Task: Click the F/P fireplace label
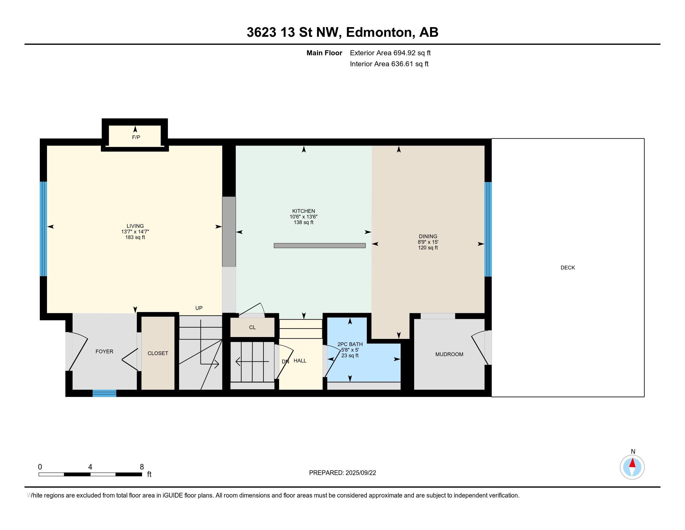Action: pyautogui.click(x=136, y=137)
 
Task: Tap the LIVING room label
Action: pyautogui.click(x=135, y=226)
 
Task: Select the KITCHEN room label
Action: pyautogui.click(x=304, y=211)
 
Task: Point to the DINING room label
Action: pyautogui.click(x=428, y=236)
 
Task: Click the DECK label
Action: pyautogui.click(x=568, y=267)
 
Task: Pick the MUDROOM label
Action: pyautogui.click(x=449, y=354)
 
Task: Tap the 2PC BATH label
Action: pyautogui.click(x=350, y=344)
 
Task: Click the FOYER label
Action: pyautogui.click(x=104, y=351)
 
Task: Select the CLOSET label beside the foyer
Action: pyautogui.click(x=158, y=353)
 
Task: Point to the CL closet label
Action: pyautogui.click(x=252, y=327)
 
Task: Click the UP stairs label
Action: pyautogui.click(x=199, y=308)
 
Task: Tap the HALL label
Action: pyautogui.click(x=300, y=360)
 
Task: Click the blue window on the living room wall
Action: pyautogui.click(x=43, y=229)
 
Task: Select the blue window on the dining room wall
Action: pyautogui.click(x=488, y=229)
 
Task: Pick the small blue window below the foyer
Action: pyautogui.click(x=104, y=393)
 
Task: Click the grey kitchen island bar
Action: pyautogui.click(x=319, y=246)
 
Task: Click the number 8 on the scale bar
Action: pyautogui.click(x=142, y=467)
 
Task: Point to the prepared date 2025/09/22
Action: pyautogui.click(x=361, y=473)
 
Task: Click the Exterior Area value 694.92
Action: pyautogui.click(x=404, y=53)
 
